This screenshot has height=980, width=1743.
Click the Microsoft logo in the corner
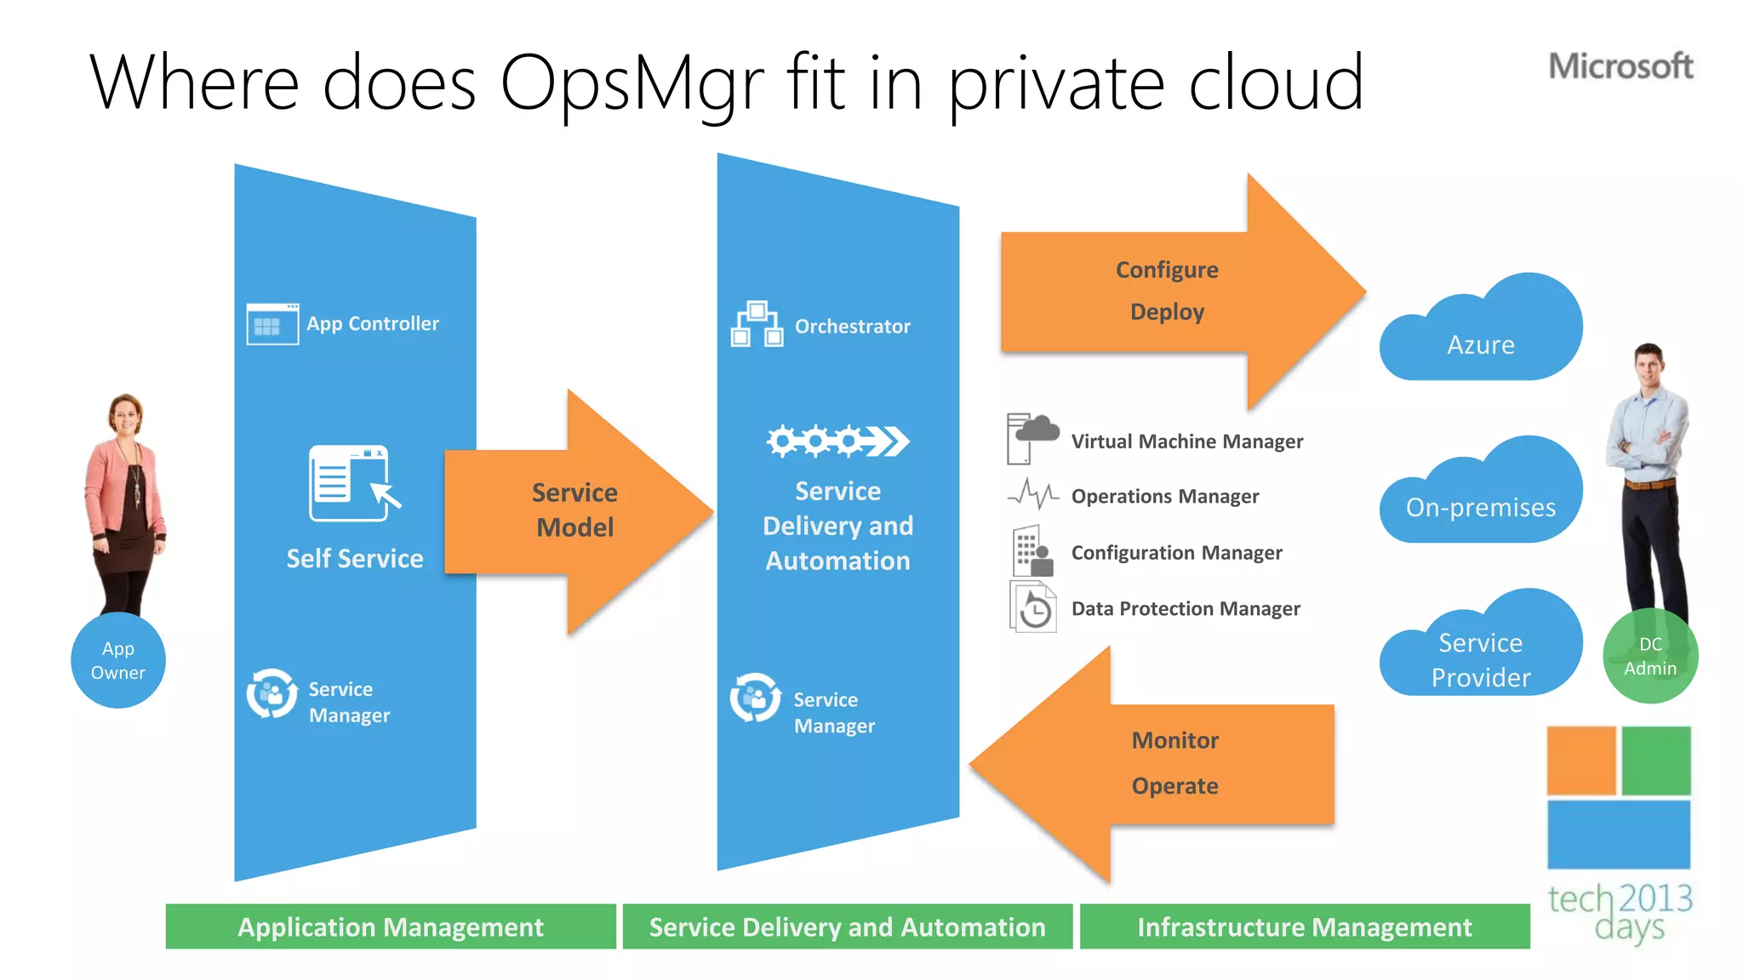coord(1620,66)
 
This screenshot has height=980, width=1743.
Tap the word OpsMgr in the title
coord(632,83)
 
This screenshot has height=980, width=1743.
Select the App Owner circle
coord(118,660)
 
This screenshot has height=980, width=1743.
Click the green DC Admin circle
coord(1650,656)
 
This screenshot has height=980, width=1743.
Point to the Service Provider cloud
coord(1481,651)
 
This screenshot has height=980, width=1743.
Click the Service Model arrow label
coord(575,510)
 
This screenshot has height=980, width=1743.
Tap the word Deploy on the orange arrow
coord(1167,311)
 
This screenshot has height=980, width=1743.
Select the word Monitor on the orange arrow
coord(1174,740)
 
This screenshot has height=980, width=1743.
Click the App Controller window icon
coord(272,324)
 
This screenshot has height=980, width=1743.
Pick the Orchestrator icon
coord(757,324)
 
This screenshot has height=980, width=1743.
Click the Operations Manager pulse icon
coord(1032,494)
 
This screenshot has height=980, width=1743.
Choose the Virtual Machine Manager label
coord(1186,442)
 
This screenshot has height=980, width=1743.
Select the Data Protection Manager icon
coord(1033,607)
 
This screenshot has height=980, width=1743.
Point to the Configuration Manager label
coord(1176,553)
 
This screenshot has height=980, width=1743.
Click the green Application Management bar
coord(391,926)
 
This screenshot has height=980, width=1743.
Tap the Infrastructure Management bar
coord(1305,926)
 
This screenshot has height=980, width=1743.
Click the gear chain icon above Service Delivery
coord(837,441)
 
